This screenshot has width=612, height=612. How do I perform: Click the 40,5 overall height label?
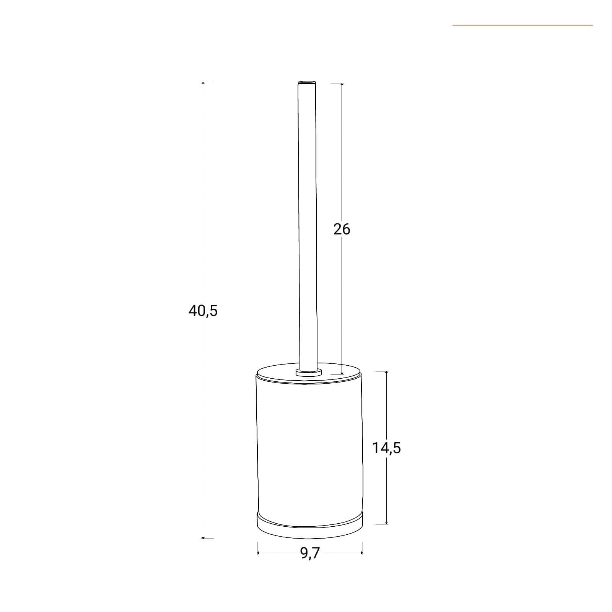[x=203, y=311]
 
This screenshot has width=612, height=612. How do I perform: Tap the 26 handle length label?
[x=342, y=229]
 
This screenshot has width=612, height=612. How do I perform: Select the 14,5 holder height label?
[x=387, y=448]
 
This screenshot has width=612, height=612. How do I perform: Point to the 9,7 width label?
[x=310, y=553]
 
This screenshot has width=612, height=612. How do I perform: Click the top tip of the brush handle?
[x=308, y=82]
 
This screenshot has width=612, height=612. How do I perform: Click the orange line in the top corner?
[x=522, y=25]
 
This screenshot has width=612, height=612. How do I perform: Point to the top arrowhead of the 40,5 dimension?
[x=203, y=83]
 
